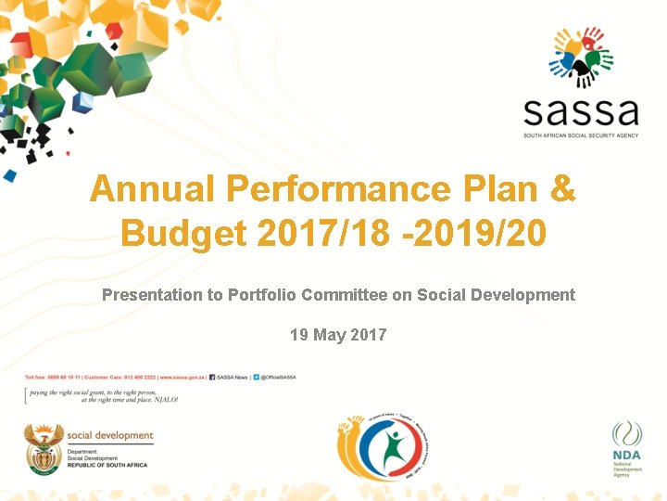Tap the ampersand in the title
pyautogui.click(x=561, y=189)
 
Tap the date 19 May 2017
pyautogui.click(x=338, y=334)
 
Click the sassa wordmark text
pyautogui.click(x=581, y=112)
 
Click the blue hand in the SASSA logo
pyautogui.click(x=560, y=69)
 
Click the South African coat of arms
pyautogui.click(x=43, y=451)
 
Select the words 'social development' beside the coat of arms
pyautogui.click(x=110, y=435)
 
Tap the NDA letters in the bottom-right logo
pyautogui.click(x=626, y=456)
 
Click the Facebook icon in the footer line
pyautogui.click(x=213, y=378)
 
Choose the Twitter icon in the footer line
pyautogui.click(x=257, y=378)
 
